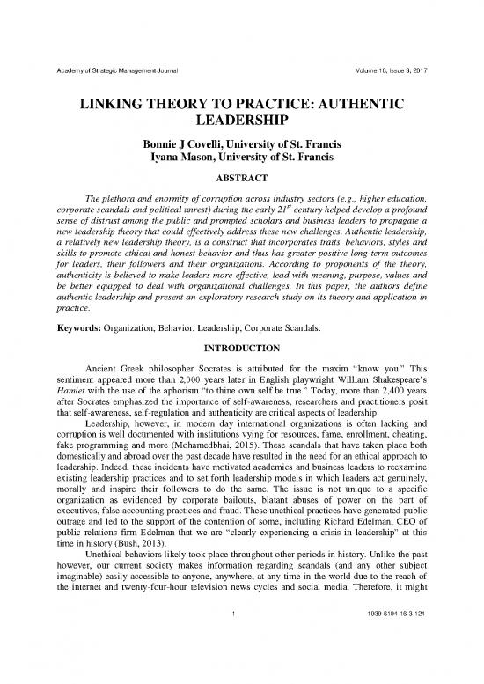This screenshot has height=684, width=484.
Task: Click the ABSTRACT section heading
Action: [241, 173]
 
